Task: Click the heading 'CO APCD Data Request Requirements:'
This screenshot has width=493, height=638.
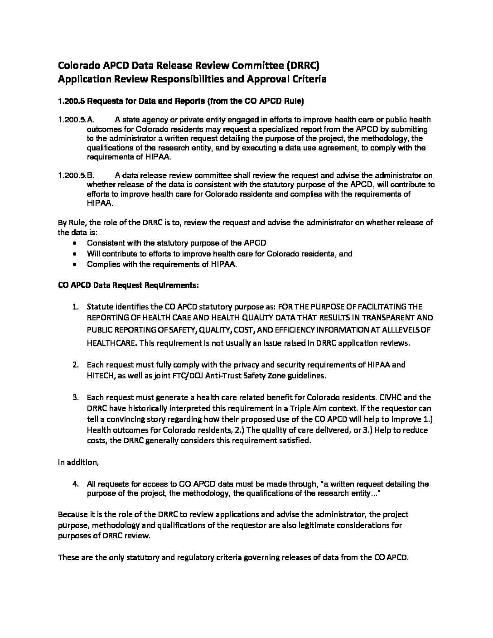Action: pyautogui.click(x=128, y=285)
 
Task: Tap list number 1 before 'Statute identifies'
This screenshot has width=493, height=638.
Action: pyautogui.click(x=76, y=307)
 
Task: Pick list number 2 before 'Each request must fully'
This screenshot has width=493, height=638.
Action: pyautogui.click(x=76, y=365)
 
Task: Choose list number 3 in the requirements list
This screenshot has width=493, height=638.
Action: pyautogui.click(x=76, y=398)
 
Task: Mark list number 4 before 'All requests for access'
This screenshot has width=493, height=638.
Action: pyautogui.click(x=76, y=484)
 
